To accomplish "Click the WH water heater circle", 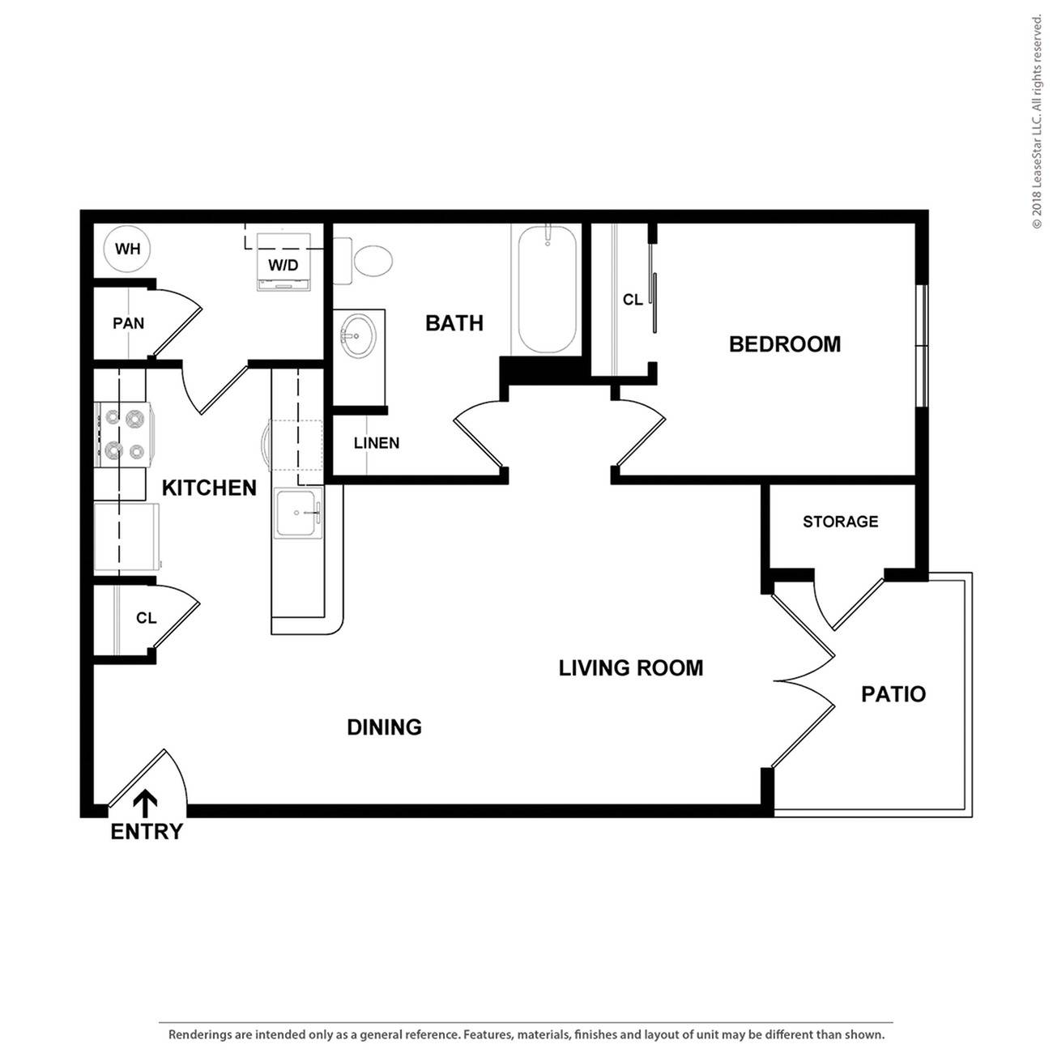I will [127, 249].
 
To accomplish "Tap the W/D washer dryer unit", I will [283, 261].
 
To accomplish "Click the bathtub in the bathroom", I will [547, 288].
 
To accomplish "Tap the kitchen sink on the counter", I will [298, 513].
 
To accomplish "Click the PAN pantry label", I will [128, 323].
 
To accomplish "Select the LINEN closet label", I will [377, 443].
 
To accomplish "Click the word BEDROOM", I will [784, 344].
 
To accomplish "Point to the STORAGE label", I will [840, 522].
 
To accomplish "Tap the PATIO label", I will [893, 694].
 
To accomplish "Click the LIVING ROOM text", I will [630, 668].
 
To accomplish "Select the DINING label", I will [384, 727].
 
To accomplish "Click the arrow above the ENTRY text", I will [146, 803].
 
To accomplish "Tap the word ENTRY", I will [147, 832].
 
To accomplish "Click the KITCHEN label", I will [209, 488].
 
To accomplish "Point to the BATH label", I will [454, 323].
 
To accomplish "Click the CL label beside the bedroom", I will [633, 300].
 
